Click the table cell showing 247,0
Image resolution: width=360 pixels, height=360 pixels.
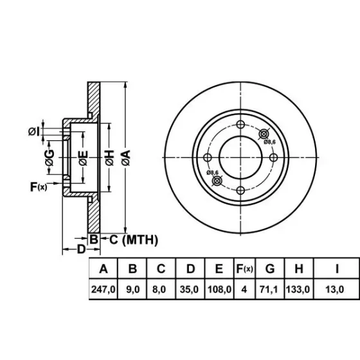pyautogui.click(x=103, y=289)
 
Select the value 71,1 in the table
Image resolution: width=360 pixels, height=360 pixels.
pyautogui.click(x=269, y=289)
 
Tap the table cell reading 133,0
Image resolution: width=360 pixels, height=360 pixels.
pyautogui.click(x=298, y=289)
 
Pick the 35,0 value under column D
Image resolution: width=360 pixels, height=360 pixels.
pyautogui.click(x=189, y=289)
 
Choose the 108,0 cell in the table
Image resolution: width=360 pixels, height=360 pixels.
pyautogui.click(x=219, y=289)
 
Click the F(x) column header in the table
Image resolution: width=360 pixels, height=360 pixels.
pyautogui.click(x=244, y=269)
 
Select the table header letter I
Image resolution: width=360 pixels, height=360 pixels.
pyautogui.click(x=337, y=269)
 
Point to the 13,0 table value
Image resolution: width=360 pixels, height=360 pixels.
pyautogui.click(x=335, y=289)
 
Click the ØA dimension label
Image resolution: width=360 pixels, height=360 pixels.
pyautogui.click(x=126, y=157)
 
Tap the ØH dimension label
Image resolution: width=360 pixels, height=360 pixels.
pyautogui.click(x=110, y=157)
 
